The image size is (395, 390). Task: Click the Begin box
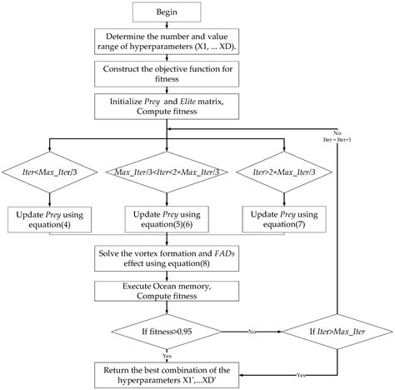click(x=167, y=13)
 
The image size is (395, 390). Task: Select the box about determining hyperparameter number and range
click(x=167, y=42)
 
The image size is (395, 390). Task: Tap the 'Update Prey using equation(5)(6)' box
click(x=167, y=219)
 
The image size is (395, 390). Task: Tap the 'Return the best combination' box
click(x=167, y=372)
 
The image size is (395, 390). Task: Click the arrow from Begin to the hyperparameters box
click(x=167, y=27)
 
